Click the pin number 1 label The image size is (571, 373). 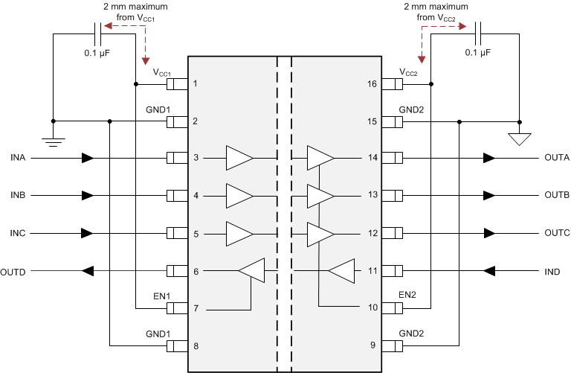196,83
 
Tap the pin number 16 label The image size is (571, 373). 372,83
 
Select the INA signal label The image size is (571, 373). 19,158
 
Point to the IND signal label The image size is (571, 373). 552,272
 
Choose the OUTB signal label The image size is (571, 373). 556,195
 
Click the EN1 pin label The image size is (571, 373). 161,296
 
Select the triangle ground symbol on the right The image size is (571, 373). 519,138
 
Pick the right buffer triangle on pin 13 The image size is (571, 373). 320,196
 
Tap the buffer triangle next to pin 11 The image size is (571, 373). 341,272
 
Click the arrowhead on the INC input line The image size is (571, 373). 88,234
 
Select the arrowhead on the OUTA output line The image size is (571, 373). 488,158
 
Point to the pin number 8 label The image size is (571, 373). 196,346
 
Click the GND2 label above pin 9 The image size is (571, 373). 410,334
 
